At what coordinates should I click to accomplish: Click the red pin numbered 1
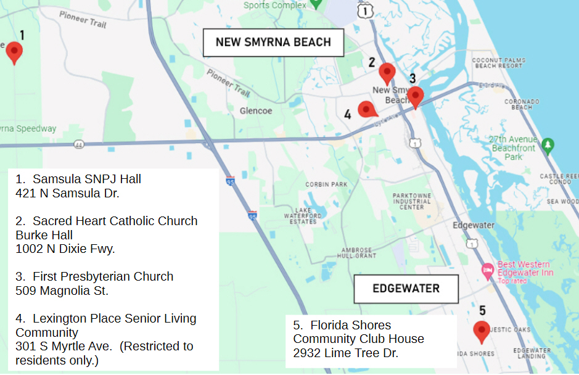(14, 52)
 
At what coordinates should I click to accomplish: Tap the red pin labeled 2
(387, 73)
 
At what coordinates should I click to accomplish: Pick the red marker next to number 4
(367, 110)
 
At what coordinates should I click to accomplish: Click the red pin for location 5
(481, 331)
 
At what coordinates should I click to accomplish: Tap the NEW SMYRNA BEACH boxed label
(273, 43)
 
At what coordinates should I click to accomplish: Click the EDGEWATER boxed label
(406, 289)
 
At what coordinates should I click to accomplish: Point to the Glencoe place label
(256, 111)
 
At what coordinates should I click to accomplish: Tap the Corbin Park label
(326, 184)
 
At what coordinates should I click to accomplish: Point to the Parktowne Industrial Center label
(411, 201)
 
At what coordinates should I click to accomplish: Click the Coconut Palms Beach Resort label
(498, 63)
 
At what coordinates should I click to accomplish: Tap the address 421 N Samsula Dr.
(67, 193)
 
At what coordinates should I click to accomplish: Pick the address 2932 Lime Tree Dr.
(345, 353)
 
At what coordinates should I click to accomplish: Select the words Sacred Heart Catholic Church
(115, 221)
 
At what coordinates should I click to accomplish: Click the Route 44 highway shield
(78, 144)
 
